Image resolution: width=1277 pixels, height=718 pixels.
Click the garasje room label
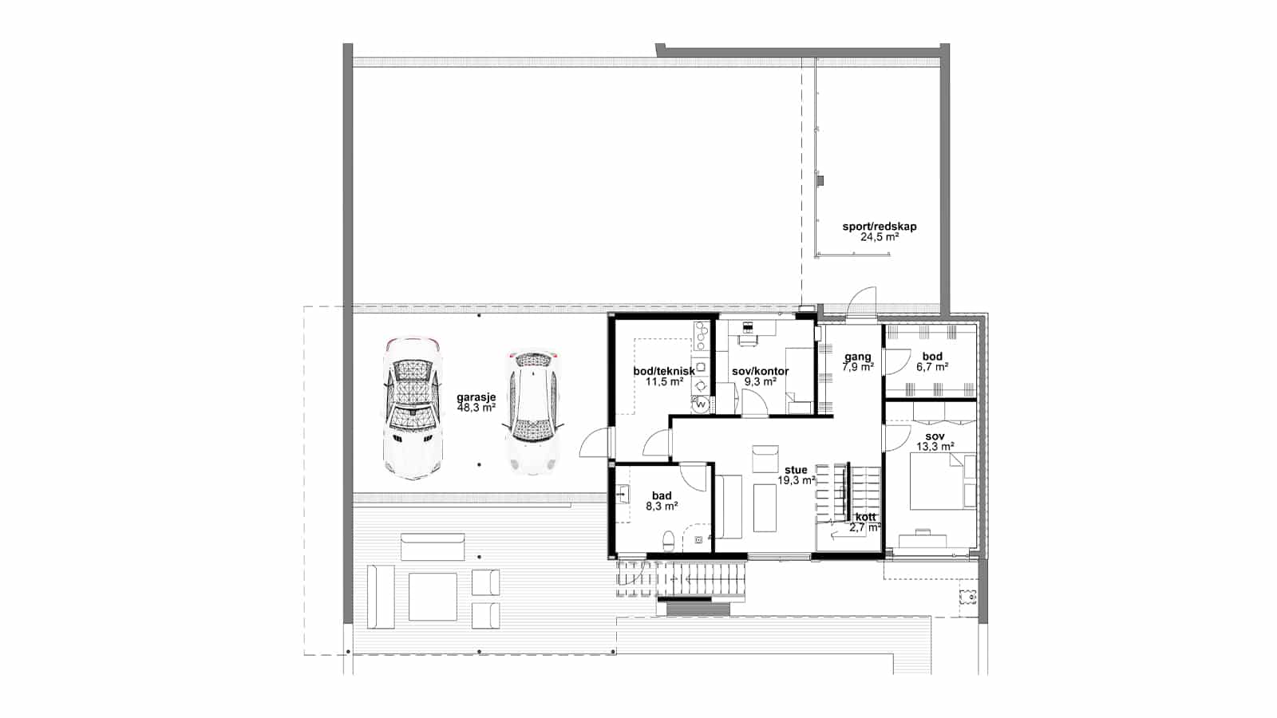[476, 397]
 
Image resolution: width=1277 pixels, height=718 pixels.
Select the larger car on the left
[413, 408]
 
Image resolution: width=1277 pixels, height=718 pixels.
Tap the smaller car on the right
[532, 412]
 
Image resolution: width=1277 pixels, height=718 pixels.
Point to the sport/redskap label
[879, 227]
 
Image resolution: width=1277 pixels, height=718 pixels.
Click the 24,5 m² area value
[879, 237]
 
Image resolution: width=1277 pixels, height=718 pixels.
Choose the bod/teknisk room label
[663, 371]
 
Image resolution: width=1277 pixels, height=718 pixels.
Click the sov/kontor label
[760, 371]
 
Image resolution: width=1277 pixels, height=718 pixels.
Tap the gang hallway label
[857, 357]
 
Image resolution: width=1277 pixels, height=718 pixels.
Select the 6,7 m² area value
[932, 368]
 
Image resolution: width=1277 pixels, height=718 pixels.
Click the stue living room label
[796, 470]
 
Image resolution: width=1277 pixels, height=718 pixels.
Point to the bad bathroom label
[662, 495]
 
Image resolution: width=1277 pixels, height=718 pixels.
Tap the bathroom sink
[623, 495]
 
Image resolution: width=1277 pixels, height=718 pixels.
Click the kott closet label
[865, 517]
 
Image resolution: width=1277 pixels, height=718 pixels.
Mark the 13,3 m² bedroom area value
[931, 447]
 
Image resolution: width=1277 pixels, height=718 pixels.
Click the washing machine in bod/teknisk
[702, 404]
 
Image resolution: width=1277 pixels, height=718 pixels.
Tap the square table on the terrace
[433, 597]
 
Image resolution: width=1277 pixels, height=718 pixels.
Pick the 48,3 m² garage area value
[476, 408]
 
